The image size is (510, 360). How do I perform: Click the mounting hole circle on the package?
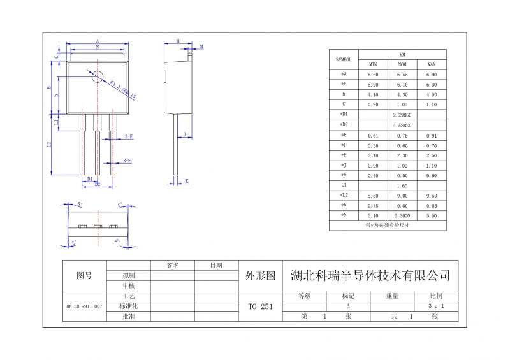pyautogui.click(x=97, y=76)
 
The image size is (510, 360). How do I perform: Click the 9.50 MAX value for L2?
pyautogui.click(x=431, y=195)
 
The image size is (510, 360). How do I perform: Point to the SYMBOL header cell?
pyautogui.click(x=344, y=59)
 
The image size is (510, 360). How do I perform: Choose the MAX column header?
pyautogui.click(x=431, y=64)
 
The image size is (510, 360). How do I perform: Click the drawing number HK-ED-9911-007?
pyautogui.click(x=84, y=306)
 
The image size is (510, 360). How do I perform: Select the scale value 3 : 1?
pyautogui.click(x=436, y=306)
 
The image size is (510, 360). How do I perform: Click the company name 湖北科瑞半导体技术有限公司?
pyautogui.click(x=370, y=276)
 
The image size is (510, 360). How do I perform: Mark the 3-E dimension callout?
pyautogui.click(x=128, y=136)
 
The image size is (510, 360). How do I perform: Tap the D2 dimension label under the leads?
pyautogui.click(x=98, y=185)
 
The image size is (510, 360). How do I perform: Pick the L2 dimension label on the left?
pyautogui.click(x=49, y=145)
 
